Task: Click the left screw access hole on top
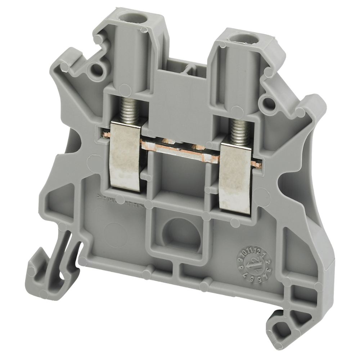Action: click(126, 17)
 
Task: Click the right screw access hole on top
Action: click(238, 37)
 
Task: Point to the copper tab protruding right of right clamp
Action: click(256, 164)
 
